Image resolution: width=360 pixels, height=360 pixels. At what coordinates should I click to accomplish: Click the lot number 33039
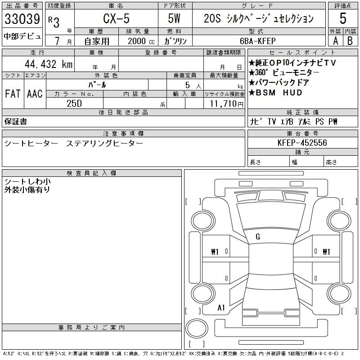(x=22, y=19)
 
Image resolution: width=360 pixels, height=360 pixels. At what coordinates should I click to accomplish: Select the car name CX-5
(x=116, y=18)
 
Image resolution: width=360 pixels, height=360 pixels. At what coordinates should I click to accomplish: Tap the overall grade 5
(x=343, y=18)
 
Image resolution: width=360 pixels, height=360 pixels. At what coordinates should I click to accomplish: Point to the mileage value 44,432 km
(x=49, y=64)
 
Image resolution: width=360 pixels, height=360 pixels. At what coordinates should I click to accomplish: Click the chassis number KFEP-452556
(x=302, y=143)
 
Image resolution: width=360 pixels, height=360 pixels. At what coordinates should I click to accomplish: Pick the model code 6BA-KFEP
(x=257, y=41)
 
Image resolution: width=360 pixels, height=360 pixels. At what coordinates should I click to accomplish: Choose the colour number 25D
(x=74, y=103)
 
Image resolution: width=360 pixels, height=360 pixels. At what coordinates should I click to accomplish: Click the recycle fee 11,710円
(x=226, y=104)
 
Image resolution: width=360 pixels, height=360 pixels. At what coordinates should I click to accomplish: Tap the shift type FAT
(x=13, y=94)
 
